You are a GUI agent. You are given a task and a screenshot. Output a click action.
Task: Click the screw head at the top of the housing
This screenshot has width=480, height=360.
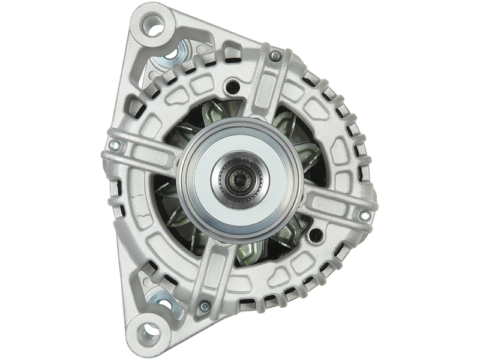(274, 56)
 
